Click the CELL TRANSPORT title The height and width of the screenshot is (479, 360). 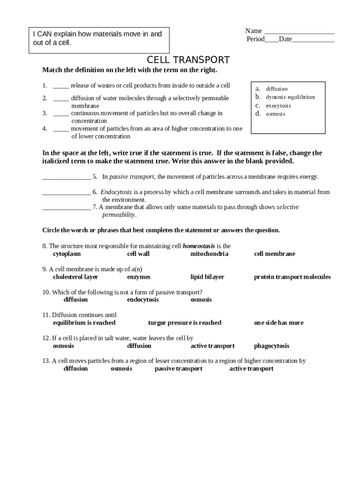(x=188, y=60)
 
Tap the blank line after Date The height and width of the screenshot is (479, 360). (x=313, y=40)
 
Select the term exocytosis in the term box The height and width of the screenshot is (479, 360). (x=278, y=106)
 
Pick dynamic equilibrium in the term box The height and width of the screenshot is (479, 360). (x=290, y=97)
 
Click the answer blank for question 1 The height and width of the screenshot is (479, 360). (x=61, y=86)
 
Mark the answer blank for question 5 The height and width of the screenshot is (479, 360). (x=66, y=177)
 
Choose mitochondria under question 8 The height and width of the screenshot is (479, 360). (x=209, y=254)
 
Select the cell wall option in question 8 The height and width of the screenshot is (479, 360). (x=138, y=254)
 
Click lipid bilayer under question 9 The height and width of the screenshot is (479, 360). (x=207, y=277)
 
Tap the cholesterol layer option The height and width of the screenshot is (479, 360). (x=75, y=277)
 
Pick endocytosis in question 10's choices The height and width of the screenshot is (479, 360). (x=143, y=300)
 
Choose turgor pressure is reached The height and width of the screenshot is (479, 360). (x=185, y=323)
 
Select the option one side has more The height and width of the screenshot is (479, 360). (x=279, y=323)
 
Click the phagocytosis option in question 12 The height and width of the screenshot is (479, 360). (x=272, y=346)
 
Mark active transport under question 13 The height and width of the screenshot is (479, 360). (x=252, y=369)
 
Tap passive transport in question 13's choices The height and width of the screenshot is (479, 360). (x=179, y=369)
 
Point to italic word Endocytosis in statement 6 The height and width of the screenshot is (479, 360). (x=116, y=192)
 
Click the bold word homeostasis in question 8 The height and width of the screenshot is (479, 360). (x=199, y=246)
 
